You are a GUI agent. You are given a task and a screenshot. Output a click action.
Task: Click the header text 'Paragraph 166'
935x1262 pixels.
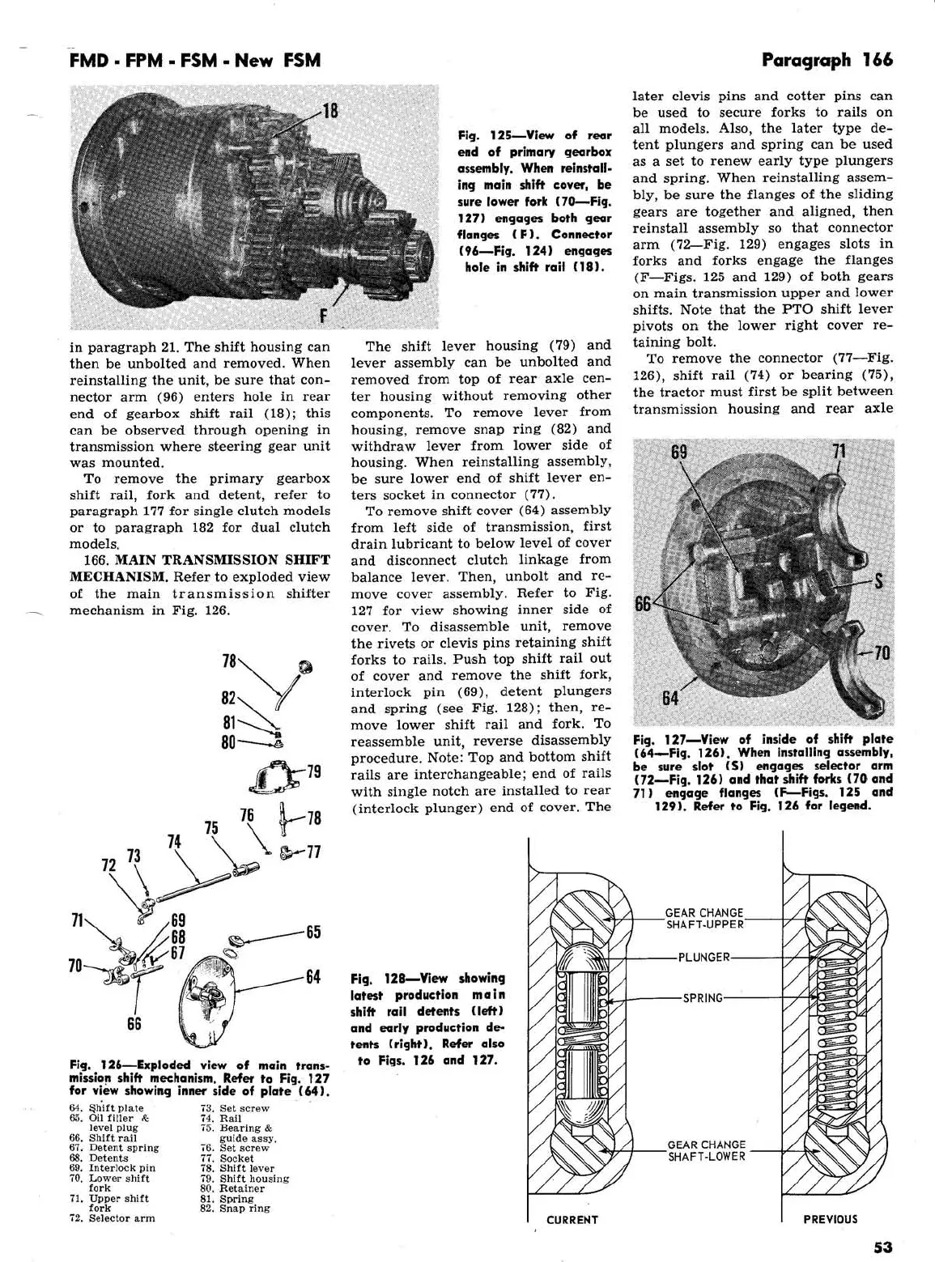(827, 60)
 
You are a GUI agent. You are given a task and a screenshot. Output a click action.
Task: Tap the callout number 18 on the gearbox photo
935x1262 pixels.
(330, 111)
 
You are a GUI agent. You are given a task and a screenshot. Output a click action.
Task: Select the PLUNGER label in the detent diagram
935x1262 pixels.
(703, 958)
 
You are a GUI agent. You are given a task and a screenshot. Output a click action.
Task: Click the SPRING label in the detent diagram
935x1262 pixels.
(703, 998)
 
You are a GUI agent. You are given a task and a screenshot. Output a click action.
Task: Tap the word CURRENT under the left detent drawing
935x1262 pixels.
(572, 1220)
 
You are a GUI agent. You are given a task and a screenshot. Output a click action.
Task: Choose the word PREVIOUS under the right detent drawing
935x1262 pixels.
(830, 1219)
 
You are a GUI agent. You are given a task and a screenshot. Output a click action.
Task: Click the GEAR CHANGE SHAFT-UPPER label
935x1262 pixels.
(703, 919)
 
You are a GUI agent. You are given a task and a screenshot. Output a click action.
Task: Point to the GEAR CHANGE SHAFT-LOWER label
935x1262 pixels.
(706, 1150)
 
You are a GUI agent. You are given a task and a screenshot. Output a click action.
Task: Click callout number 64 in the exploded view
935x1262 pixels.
(313, 977)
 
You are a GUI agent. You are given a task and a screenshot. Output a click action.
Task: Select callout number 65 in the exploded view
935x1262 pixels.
(313, 932)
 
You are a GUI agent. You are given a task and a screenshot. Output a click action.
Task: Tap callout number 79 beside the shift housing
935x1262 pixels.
(313, 771)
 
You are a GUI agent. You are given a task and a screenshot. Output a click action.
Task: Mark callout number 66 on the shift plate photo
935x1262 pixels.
(643, 604)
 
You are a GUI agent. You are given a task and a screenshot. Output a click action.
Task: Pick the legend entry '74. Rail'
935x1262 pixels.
(220, 1118)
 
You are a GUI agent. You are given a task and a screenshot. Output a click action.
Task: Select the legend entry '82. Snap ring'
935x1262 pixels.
(234, 1209)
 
